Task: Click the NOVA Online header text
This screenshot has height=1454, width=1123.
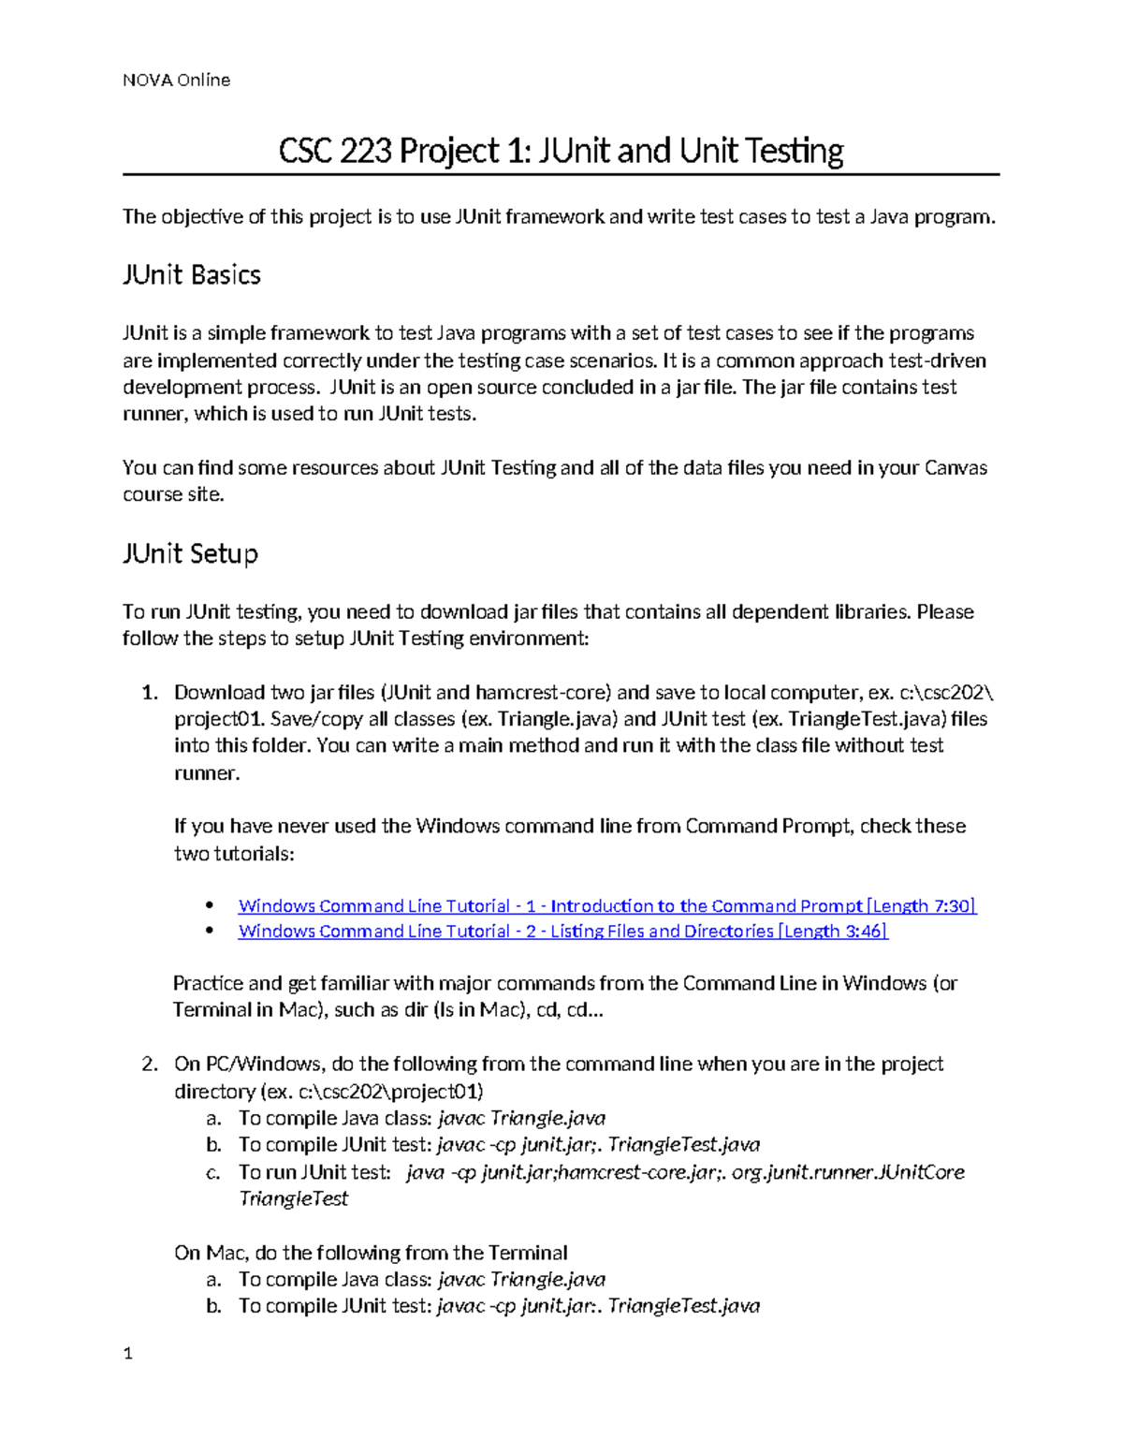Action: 176,81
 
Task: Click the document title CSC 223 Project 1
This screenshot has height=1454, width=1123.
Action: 561,151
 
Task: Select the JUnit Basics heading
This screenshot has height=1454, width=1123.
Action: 191,275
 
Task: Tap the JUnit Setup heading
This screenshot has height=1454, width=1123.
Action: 190,554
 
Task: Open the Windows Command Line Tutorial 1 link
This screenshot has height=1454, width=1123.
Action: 606,905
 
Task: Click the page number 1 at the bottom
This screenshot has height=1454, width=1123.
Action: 128,1353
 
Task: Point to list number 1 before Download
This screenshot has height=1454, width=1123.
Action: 149,693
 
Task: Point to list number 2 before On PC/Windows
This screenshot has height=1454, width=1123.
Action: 149,1065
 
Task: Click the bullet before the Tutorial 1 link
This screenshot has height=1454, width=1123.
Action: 210,905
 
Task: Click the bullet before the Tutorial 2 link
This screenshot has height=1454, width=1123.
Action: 210,931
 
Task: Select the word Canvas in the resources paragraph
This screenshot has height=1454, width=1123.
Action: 955,468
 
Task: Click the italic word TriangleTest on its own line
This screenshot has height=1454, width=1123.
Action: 293,1199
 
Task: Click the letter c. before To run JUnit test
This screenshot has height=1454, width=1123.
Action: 213,1172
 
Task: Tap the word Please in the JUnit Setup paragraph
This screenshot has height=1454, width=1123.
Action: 945,612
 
